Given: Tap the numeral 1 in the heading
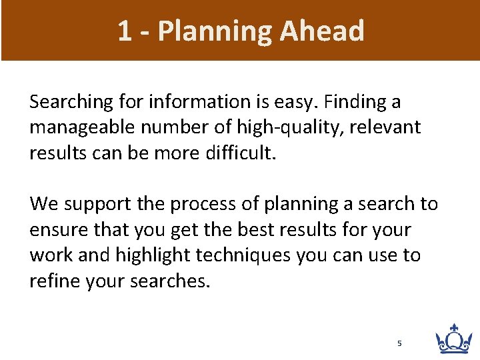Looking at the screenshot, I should [x=125, y=31].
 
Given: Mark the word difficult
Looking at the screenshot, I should [x=239, y=153].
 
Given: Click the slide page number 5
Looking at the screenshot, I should [x=399, y=343].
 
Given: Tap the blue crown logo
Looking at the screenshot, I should [x=453, y=339].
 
